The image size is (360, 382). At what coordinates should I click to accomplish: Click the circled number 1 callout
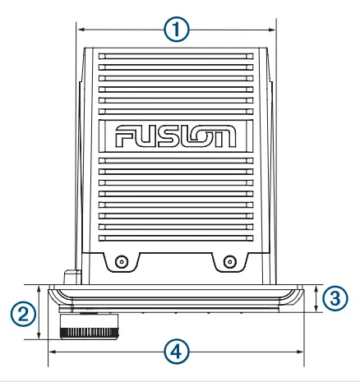pos(176,30)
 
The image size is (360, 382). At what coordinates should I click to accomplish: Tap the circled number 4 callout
pos(174,351)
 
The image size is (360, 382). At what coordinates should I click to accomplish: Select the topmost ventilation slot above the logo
pos(176,56)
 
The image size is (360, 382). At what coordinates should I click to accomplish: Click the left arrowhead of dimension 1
pos(80,30)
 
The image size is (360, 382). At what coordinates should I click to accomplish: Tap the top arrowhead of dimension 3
pos(317,287)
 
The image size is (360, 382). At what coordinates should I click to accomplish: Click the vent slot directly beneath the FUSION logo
pos(176,159)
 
